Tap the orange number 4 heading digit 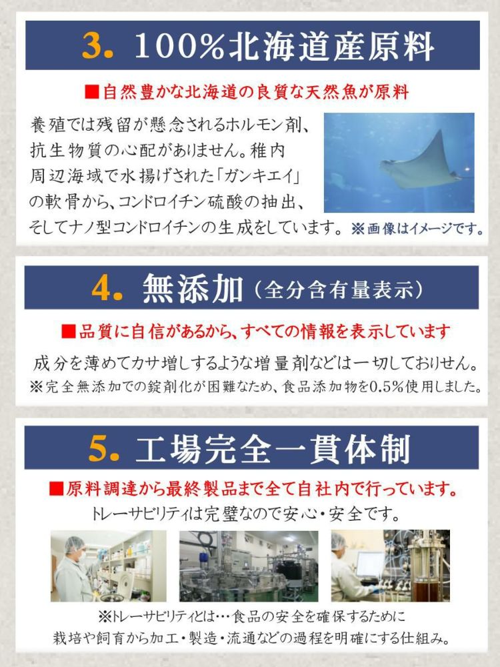[x=105, y=288]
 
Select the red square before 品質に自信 [x=67, y=331]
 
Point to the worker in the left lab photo [x=72, y=570]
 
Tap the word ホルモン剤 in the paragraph [x=253, y=124]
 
